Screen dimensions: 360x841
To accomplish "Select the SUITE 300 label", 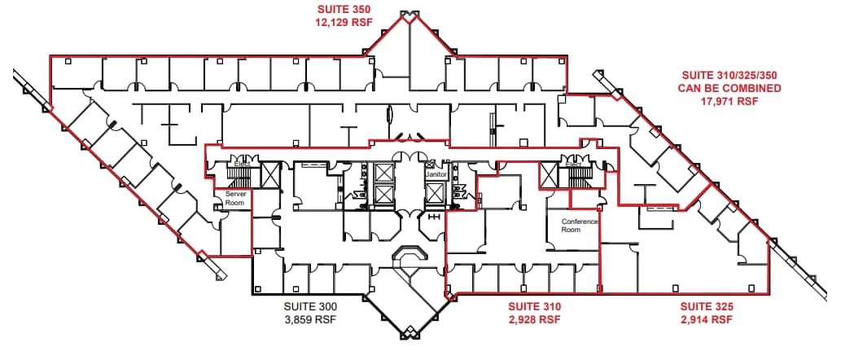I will (310, 307).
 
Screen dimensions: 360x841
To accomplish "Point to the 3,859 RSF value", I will (310, 320).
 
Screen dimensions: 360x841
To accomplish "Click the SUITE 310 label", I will (534, 307).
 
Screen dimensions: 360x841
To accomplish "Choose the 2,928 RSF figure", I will (534, 320).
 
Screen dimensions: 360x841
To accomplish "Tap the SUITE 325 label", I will (707, 307).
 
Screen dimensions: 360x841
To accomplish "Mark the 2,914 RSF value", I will (707, 320).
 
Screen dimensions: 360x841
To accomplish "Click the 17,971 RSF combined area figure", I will (729, 102).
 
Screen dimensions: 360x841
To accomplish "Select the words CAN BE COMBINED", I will (729, 88).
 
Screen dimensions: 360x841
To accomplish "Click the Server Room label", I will (235, 198).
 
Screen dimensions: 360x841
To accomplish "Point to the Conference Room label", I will (580, 226).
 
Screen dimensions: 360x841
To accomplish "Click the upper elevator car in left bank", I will (382, 173).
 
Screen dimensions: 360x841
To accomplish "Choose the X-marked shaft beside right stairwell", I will (548, 173).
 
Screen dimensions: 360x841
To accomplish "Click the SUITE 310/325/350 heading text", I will (729, 74).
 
